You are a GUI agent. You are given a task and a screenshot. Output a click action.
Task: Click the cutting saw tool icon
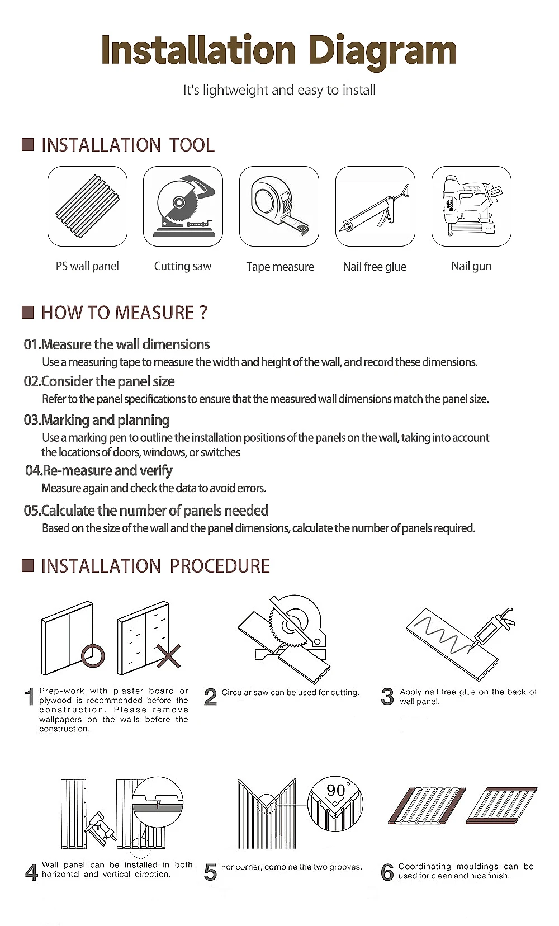[183, 206]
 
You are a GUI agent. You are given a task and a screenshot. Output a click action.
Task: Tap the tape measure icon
[279, 206]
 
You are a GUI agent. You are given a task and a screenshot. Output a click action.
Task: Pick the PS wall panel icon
[87, 206]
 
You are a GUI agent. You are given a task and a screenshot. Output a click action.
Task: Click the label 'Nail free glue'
[375, 267]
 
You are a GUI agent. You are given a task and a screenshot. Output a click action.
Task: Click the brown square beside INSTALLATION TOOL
[28, 145]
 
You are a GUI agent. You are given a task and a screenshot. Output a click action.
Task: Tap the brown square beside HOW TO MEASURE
[28, 313]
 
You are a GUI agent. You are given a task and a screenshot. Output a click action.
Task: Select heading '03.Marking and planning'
[97, 420]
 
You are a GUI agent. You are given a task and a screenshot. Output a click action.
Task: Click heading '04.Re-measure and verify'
[99, 470]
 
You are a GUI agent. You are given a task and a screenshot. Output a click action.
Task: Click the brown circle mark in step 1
[93, 656]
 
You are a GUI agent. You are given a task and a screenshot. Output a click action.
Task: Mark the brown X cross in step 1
[169, 656]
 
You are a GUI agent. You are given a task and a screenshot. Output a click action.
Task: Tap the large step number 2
[210, 697]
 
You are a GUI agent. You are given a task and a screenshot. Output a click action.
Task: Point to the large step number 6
[387, 872]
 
